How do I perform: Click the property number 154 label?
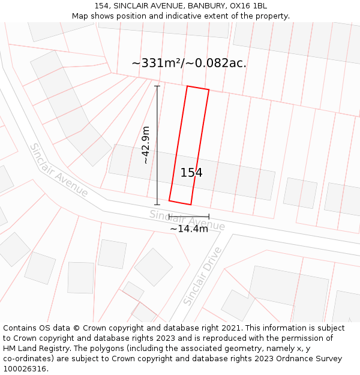click(x=191, y=173)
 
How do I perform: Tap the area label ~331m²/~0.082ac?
click(x=189, y=63)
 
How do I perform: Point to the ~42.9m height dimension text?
click(x=145, y=145)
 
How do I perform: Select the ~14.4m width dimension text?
click(x=189, y=229)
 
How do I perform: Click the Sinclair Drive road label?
click(x=202, y=275)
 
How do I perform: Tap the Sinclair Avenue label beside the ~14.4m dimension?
click(x=187, y=220)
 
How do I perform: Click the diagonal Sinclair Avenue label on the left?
click(x=59, y=170)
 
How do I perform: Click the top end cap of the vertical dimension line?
click(x=157, y=86)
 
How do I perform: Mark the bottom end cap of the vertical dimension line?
click(x=157, y=205)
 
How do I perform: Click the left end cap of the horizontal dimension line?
click(x=169, y=217)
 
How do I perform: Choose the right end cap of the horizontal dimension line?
click(x=209, y=217)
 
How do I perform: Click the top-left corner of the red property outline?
click(x=187, y=86)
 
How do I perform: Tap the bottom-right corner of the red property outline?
click(x=191, y=205)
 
